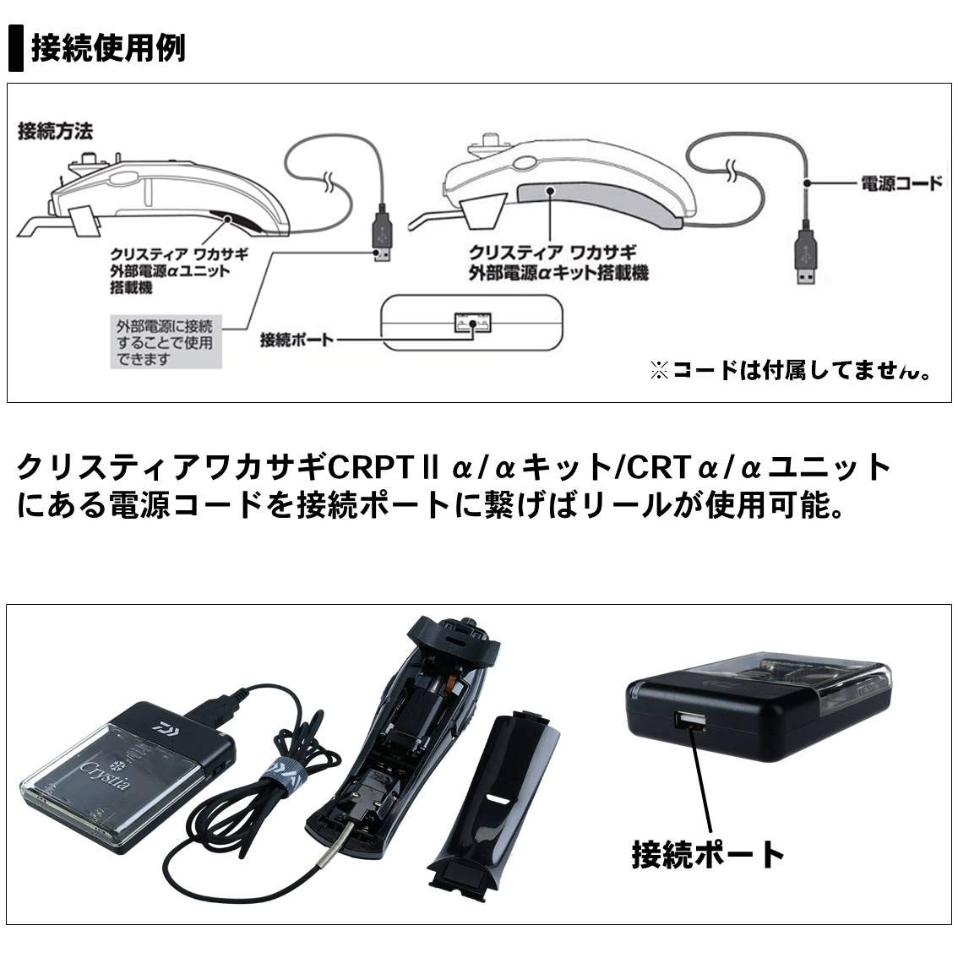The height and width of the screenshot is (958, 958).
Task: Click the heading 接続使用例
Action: (108, 48)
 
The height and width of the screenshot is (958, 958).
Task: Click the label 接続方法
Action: (55, 131)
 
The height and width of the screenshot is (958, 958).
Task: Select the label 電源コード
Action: (900, 182)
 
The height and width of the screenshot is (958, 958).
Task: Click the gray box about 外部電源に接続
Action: (166, 342)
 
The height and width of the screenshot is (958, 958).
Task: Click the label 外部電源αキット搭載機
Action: (558, 262)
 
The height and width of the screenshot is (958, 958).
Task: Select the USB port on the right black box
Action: (689, 721)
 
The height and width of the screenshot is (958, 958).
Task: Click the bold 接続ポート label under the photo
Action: (708, 854)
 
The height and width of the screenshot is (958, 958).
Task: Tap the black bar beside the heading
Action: (15, 48)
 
